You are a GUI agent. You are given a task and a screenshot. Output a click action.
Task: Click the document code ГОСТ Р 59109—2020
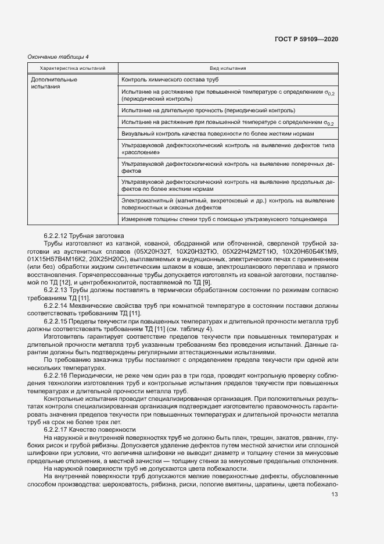pyautogui.click(x=306, y=39)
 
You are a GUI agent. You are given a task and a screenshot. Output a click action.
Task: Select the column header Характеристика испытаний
pyautogui.click(x=73, y=68)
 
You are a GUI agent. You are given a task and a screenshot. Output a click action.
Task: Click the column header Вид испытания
pyautogui.click(x=228, y=68)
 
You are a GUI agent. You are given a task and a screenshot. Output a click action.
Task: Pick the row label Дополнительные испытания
pyautogui.click(x=53, y=83)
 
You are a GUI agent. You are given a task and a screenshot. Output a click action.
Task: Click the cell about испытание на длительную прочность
pyautogui.click(x=208, y=110)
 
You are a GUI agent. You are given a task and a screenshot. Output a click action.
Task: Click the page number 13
pyautogui.click(x=334, y=495)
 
